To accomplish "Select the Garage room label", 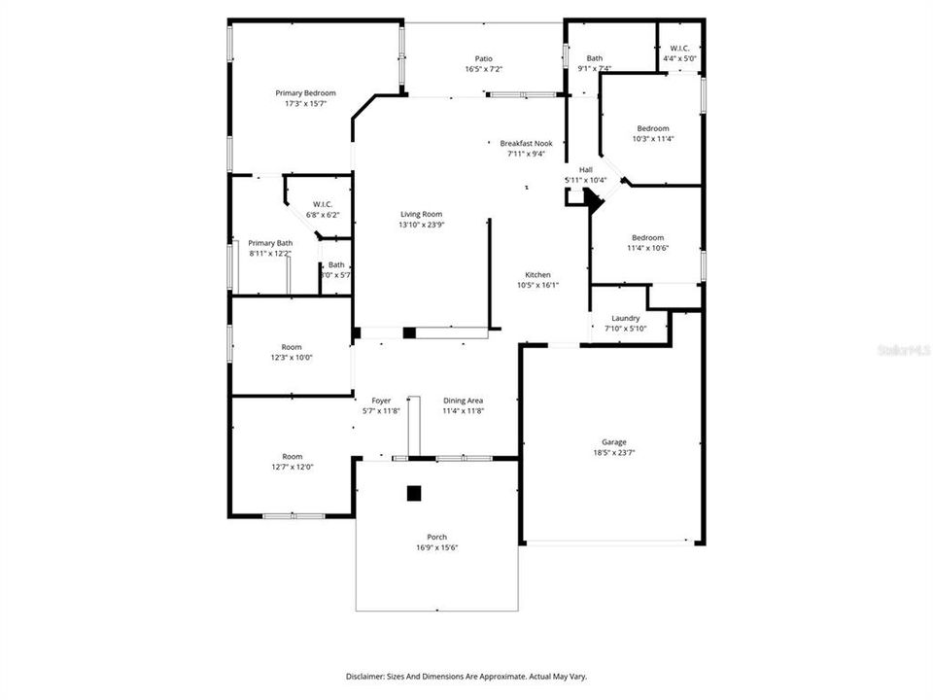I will (613, 442).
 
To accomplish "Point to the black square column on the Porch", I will (414, 493).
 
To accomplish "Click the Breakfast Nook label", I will (526, 143).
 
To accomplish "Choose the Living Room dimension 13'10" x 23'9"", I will (422, 225).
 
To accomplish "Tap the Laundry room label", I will (625, 318).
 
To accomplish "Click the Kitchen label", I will (537, 274).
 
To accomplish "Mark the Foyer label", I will (381, 401).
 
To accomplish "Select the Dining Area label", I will (463, 401).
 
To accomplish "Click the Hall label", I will (586, 169).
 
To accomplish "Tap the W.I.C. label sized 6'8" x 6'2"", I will (323, 203).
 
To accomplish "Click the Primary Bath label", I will (270, 243).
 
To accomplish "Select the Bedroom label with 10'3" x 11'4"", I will (652, 128).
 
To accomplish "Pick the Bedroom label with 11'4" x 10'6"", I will (647, 237).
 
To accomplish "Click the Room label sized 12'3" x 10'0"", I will (292, 347).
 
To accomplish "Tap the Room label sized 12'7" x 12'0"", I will (292, 456).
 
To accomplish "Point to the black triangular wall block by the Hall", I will (593, 199).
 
